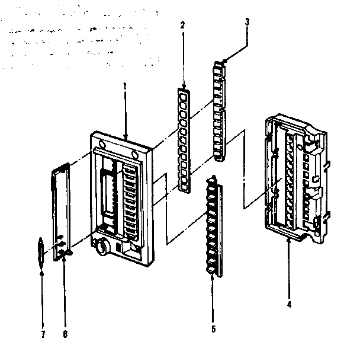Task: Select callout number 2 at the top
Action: [183, 25]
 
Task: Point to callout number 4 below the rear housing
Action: [288, 306]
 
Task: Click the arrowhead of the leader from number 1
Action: [126, 140]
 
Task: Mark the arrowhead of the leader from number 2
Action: [184, 87]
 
